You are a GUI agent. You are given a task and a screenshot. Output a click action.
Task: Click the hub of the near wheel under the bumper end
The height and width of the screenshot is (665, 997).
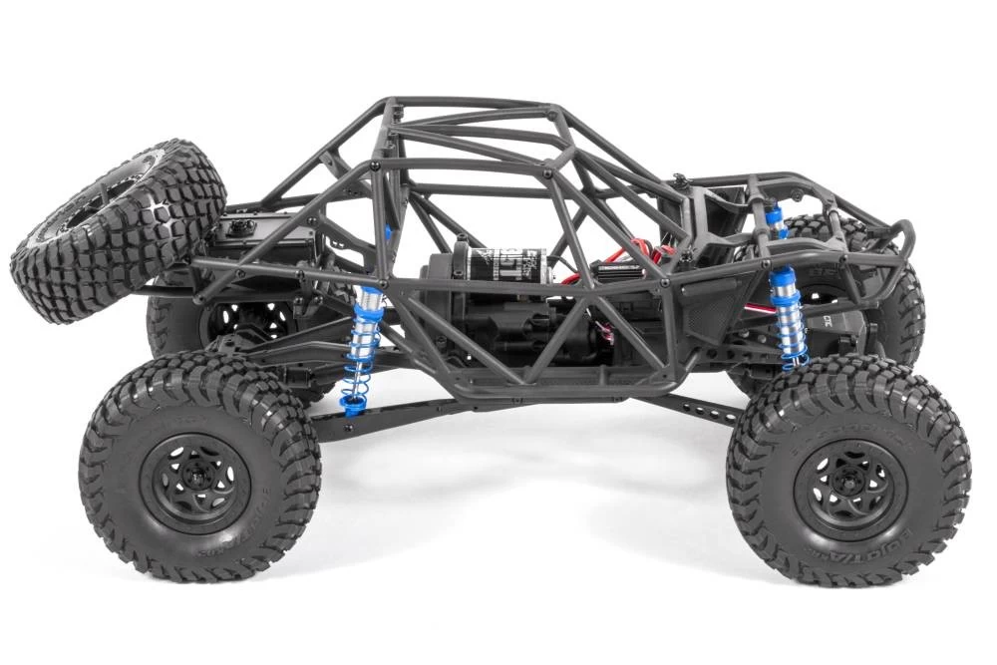[847, 480]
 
